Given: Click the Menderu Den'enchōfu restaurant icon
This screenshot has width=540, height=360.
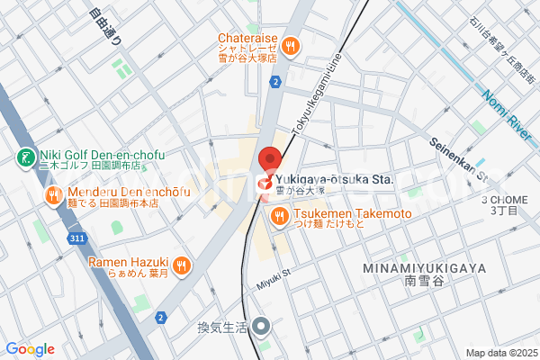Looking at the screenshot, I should [54, 193].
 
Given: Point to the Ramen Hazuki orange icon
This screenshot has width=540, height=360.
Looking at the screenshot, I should [182, 264].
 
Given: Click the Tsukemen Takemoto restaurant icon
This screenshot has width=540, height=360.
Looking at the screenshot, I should [279, 216].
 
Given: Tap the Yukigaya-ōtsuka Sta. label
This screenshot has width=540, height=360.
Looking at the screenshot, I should [334, 179].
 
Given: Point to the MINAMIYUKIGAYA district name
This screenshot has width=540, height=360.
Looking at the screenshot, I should [424, 268].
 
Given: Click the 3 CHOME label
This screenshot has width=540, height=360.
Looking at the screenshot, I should [502, 200].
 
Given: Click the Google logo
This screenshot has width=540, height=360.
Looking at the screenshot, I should [30, 349].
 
